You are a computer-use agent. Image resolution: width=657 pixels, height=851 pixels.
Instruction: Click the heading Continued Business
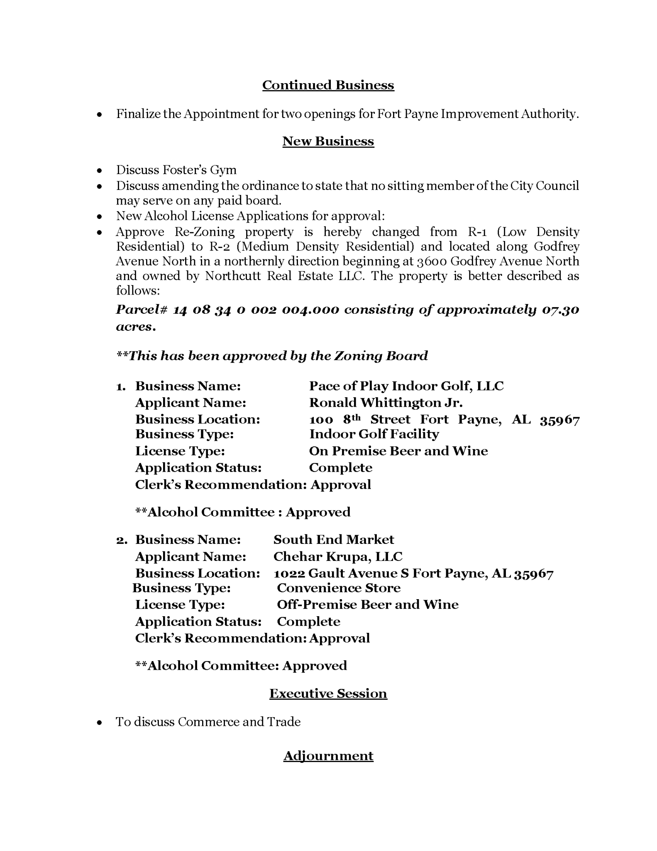click(x=328, y=85)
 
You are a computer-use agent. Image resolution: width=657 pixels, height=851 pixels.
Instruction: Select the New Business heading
click(x=328, y=141)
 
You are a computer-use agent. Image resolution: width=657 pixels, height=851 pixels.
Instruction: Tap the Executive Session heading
click(x=328, y=694)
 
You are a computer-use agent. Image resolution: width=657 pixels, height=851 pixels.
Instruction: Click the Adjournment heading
click(x=328, y=755)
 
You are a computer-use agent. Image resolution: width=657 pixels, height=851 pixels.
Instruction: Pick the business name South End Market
click(x=334, y=539)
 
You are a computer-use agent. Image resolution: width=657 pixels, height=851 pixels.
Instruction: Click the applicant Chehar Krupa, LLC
click(x=338, y=556)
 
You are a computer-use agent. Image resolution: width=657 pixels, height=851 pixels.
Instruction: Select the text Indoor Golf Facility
click(x=374, y=434)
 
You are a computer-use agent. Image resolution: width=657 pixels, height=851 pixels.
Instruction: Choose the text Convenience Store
click(x=339, y=588)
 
